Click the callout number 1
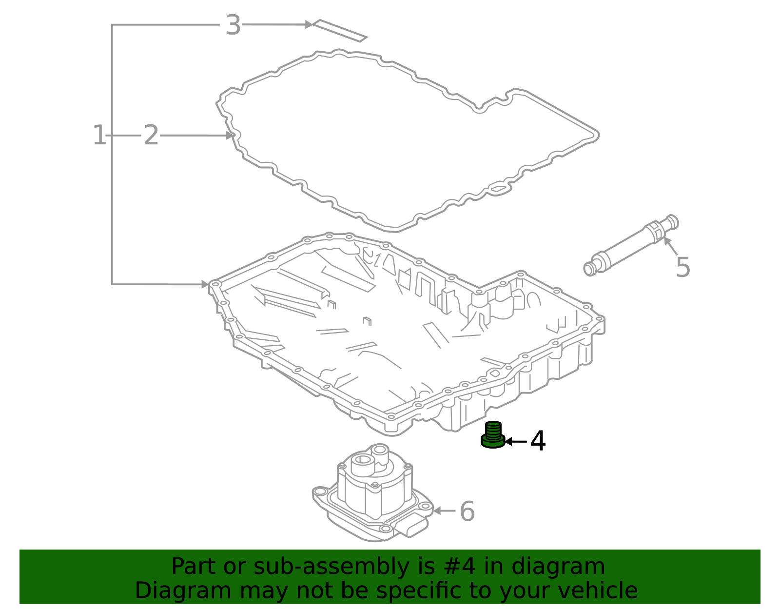pyautogui.click(x=99, y=135)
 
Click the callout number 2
pyautogui.click(x=151, y=135)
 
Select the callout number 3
pyautogui.click(x=233, y=25)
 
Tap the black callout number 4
pyautogui.click(x=538, y=441)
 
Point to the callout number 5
pyautogui.click(x=683, y=267)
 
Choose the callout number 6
pyautogui.click(x=467, y=511)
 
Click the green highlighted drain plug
pyautogui.click(x=493, y=435)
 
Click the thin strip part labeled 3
pyautogui.click(x=339, y=31)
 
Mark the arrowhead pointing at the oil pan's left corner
pyautogui.click(x=205, y=284)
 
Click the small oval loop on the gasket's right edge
pyautogui.click(x=498, y=188)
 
